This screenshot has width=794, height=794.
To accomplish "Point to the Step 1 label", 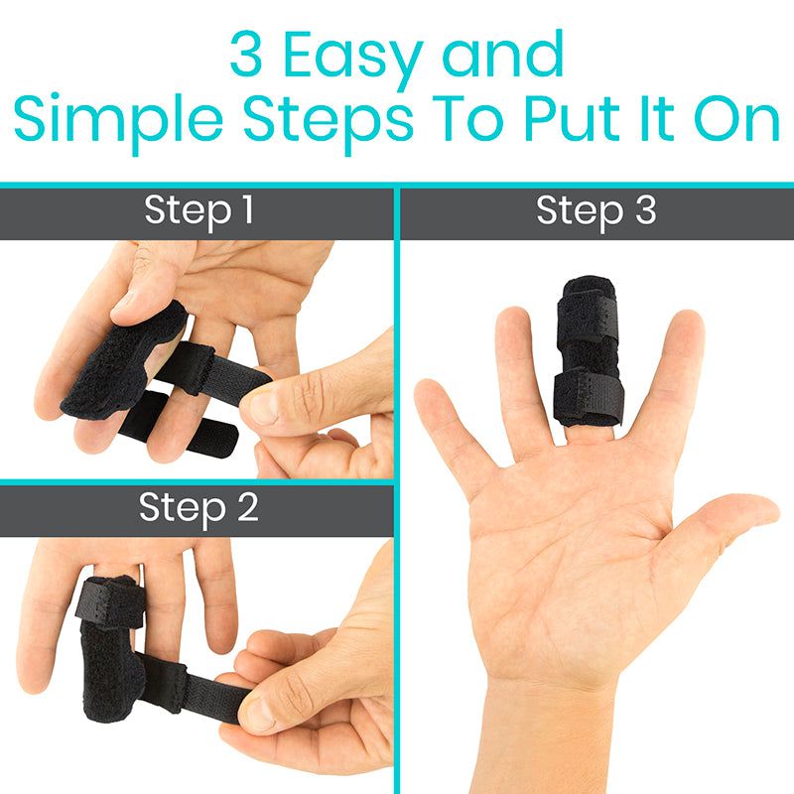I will [198, 210].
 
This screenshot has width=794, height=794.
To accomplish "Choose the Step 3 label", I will [595, 210].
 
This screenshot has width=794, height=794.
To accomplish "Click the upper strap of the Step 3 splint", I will [590, 298].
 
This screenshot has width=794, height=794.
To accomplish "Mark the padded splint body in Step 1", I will [119, 367].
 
